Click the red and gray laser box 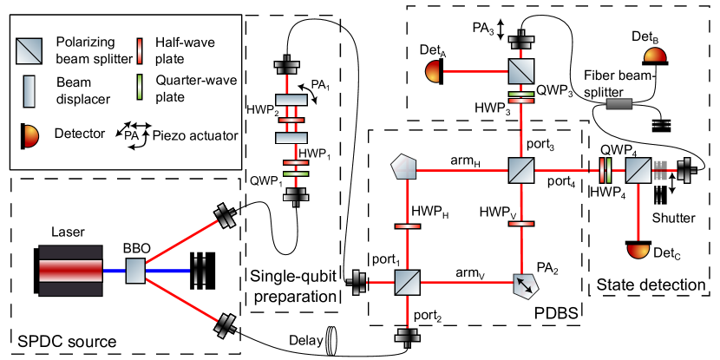coord(70,271)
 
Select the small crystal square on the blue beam coord(135,271)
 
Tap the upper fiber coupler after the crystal coord(225,216)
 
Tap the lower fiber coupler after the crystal coord(225,325)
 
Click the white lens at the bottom coord(331,341)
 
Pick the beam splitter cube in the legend coord(29,51)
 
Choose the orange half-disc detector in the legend coord(30,136)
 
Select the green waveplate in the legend coord(140,87)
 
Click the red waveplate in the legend coord(140,51)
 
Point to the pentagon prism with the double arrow coord(525,285)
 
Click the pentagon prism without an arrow coord(404,167)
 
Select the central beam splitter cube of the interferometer coord(521,170)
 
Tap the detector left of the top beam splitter coord(433,71)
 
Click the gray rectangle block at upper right coord(619,104)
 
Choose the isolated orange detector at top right coord(655,56)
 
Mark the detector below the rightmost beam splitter coord(638,250)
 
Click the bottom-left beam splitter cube coord(408,282)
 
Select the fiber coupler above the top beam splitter coord(521,40)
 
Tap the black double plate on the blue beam coord(200,271)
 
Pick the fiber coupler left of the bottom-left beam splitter coord(357,282)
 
